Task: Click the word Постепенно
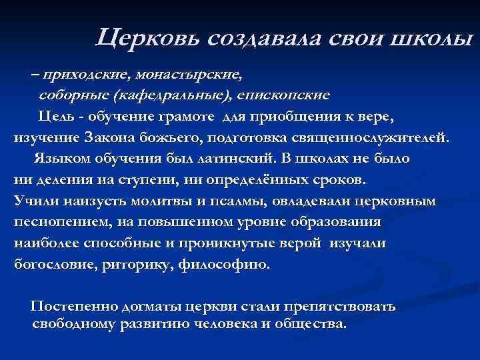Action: [x=73, y=307]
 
